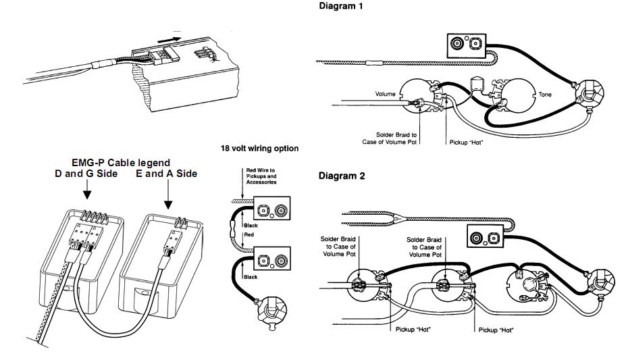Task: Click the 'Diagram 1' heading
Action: pyautogui.click(x=340, y=6)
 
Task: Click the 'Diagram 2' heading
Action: pyautogui.click(x=341, y=176)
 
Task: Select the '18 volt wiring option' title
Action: pyautogui.click(x=259, y=149)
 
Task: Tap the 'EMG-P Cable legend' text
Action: pyautogui.click(x=121, y=163)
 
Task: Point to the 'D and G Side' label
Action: pyautogui.click(x=86, y=174)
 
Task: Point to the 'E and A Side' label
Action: pyautogui.click(x=167, y=174)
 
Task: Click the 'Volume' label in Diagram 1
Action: pyautogui.click(x=386, y=94)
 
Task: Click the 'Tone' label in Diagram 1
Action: pyautogui.click(x=545, y=95)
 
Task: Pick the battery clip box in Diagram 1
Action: pyautogui.click(x=467, y=45)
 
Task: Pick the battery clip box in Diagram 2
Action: pyautogui.click(x=486, y=236)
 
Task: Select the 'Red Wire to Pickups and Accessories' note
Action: pyautogui.click(x=261, y=176)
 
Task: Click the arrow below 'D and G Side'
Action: pyautogui.click(x=86, y=189)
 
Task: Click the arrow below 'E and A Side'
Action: pyautogui.click(x=168, y=195)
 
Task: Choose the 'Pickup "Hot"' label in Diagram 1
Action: pyautogui.click(x=466, y=143)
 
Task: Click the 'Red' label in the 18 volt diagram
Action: pyautogui.click(x=249, y=234)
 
